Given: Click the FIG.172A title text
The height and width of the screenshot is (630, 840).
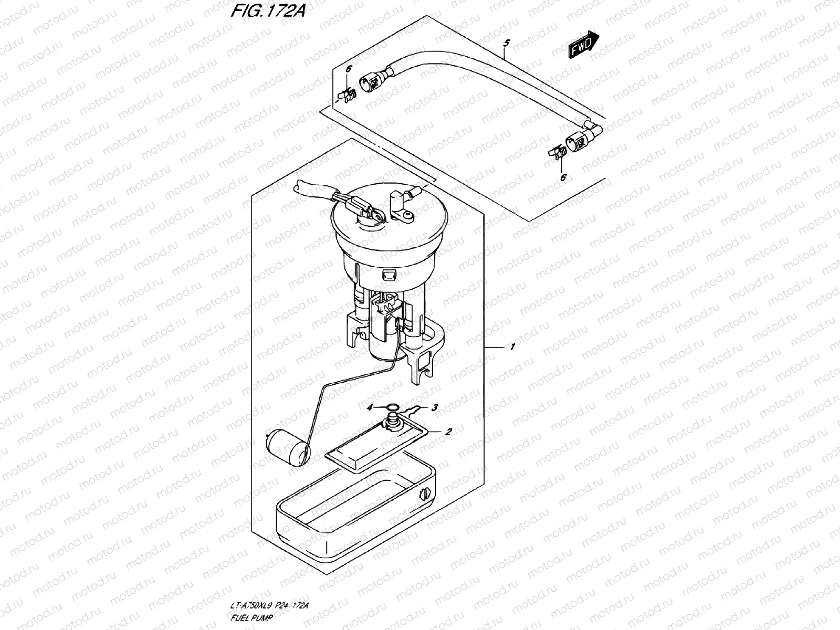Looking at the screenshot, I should coord(267,12).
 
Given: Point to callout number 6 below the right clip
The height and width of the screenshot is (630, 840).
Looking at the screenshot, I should coord(563,178).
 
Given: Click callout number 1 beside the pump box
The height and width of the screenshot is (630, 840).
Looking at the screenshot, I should coord(512,346).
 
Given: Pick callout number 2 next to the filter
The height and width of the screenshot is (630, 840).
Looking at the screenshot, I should coord(448,432).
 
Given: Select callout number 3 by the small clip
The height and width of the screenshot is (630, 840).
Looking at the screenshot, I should coord(435,407).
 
